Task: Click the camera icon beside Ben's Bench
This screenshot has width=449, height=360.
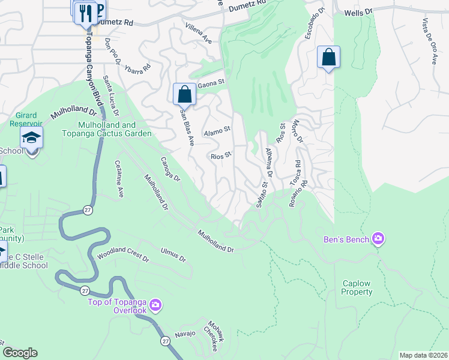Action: pyautogui.click(x=378, y=239)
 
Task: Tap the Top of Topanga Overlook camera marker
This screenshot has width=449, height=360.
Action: pyautogui.click(x=155, y=305)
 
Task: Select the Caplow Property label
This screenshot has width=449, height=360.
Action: pyautogui.click(x=357, y=287)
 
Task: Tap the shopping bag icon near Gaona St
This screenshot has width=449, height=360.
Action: pyautogui.click(x=184, y=94)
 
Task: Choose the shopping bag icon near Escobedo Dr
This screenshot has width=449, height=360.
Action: pyautogui.click(x=328, y=58)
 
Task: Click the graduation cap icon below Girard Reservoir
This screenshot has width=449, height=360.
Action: pyautogui.click(x=31, y=137)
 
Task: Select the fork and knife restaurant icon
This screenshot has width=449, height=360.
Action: pyautogui.click(x=86, y=12)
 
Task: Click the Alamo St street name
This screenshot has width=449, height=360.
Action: pyautogui.click(x=217, y=130)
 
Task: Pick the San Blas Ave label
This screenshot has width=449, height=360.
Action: pyautogui.click(x=187, y=127)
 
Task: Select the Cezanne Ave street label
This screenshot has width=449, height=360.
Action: pyautogui.click(x=119, y=178)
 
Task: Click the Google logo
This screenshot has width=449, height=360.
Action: pyautogui.click(x=20, y=353)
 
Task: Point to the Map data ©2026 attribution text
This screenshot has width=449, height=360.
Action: pyautogui.click(x=423, y=355)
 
